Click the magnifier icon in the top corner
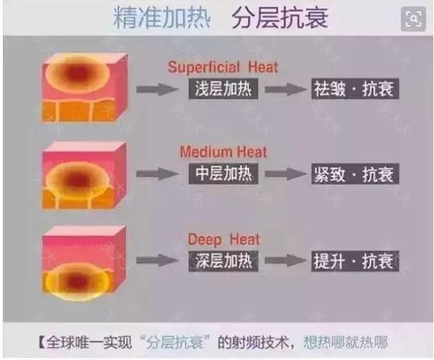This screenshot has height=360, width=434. tap(413, 19)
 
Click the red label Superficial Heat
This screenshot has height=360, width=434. tap(223, 67)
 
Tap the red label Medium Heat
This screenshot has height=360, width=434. tap(223, 152)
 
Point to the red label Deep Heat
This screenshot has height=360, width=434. tap(224, 239)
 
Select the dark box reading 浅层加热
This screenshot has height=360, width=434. tap(223, 89)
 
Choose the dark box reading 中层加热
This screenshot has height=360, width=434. tap(223, 174)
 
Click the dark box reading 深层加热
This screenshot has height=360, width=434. tap(223, 261)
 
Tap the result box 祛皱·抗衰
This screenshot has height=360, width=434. tap(355, 89)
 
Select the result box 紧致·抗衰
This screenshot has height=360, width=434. tap(355, 174)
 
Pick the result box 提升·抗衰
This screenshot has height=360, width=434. tap(355, 261)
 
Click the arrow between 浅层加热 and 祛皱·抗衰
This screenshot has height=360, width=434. tap(285, 89)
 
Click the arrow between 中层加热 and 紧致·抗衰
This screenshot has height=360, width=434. tap(285, 174)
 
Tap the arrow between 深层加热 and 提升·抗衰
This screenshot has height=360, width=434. tap(285, 260)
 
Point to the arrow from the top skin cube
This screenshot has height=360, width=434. tap(157, 89)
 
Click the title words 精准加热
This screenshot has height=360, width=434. tap(161, 18)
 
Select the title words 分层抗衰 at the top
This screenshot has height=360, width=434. tap(280, 18)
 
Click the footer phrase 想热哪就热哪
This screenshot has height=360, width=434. tap(346, 342)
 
